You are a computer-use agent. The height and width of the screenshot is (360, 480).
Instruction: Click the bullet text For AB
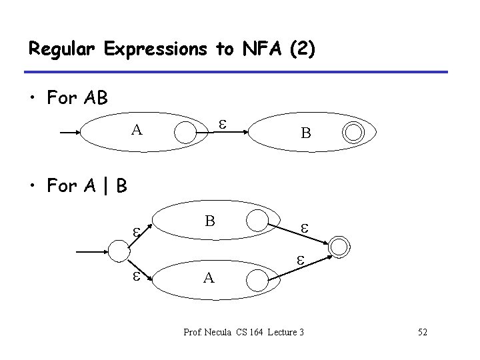coord(77,99)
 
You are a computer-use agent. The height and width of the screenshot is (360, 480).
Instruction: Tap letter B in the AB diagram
coord(305,133)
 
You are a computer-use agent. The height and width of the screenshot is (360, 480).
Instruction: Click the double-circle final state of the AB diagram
coord(355,133)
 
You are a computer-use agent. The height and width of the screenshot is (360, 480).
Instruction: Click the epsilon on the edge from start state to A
coord(135,276)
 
